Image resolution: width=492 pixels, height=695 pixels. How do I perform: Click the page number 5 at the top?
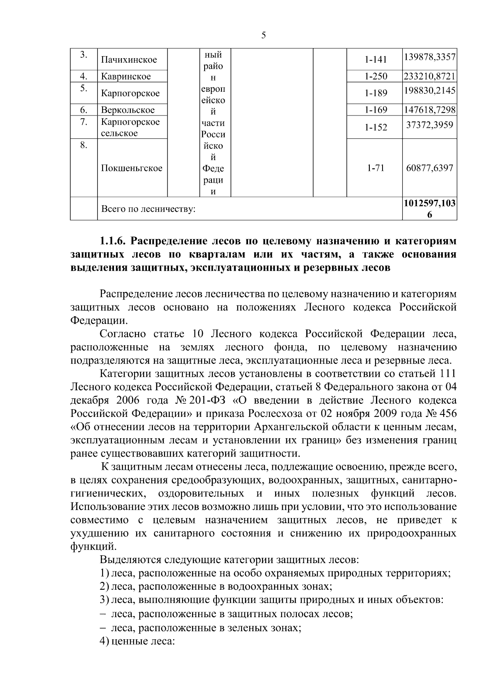[x=263, y=36]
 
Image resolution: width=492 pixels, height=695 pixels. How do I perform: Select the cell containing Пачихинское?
[x=129, y=60]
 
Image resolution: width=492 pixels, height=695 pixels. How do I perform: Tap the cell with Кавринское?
[x=126, y=76]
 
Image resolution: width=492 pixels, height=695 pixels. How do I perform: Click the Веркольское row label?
[x=128, y=110]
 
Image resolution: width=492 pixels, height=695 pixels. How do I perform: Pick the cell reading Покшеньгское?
[x=132, y=168]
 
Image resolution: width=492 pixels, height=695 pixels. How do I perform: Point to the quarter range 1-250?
[x=376, y=76]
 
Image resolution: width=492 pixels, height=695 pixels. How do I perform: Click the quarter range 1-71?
[x=376, y=168]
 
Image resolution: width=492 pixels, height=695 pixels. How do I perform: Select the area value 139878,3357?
[x=430, y=57]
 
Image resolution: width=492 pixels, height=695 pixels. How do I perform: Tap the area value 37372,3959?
[x=430, y=125]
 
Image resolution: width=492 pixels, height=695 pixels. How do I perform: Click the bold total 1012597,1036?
[x=430, y=208]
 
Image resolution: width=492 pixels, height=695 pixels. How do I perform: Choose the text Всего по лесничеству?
[x=148, y=209]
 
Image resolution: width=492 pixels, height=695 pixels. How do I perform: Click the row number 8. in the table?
[x=83, y=145]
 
